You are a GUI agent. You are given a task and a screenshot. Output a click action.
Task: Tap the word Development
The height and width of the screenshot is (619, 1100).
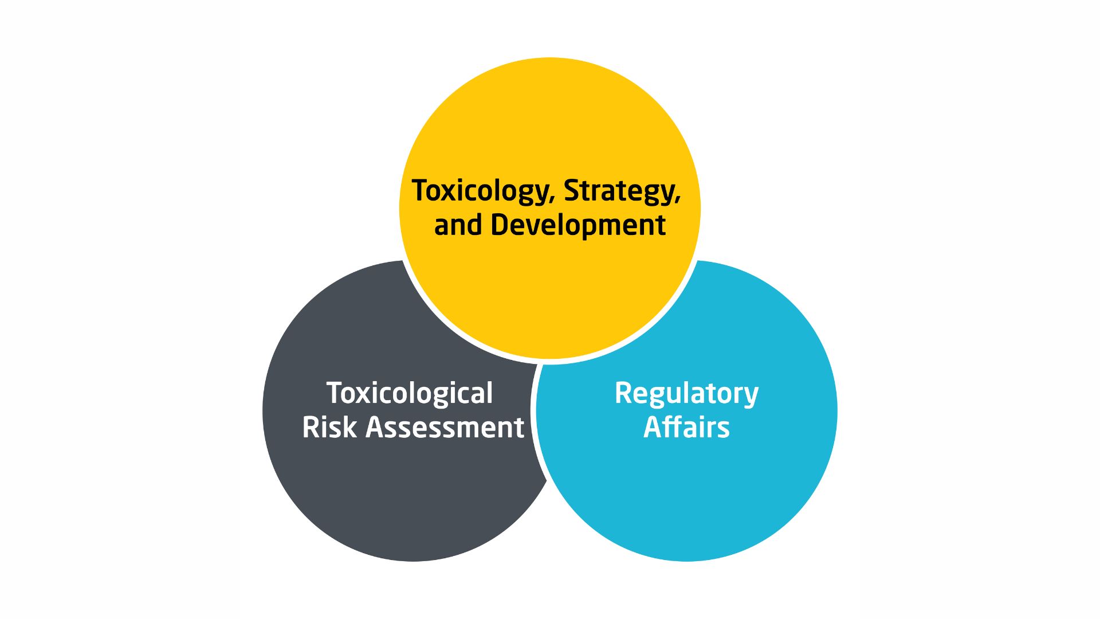pos(578,225)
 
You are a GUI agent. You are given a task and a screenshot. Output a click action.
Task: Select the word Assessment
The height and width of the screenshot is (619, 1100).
pos(445,428)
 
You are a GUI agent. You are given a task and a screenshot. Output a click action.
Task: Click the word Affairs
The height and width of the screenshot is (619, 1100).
pos(686,427)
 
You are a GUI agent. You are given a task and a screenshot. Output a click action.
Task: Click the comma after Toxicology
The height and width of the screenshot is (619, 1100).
pos(552,201)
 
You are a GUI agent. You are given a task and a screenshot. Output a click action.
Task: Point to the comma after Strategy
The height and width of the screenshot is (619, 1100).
pos(678,201)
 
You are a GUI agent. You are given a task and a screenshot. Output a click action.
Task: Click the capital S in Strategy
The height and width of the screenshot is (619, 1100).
pos(572,191)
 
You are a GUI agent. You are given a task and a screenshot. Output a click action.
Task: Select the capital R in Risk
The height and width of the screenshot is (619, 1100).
pos(311,428)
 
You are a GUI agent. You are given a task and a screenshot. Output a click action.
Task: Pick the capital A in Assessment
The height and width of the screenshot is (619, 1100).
pos(375,428)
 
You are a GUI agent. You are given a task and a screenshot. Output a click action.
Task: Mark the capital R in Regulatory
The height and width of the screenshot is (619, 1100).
pos(623,393)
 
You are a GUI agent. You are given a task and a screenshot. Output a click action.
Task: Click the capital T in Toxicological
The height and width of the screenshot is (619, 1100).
pos(335,393)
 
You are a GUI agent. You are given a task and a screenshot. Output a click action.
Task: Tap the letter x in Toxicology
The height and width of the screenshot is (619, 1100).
pos(454,194)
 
